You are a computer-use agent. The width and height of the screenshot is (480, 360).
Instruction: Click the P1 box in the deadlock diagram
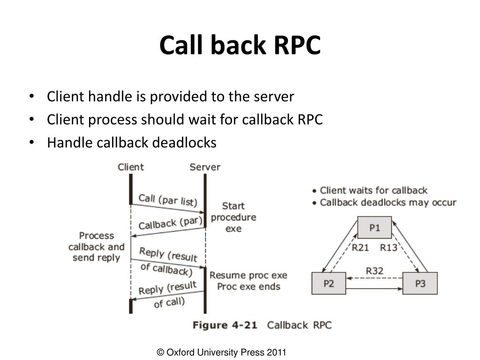point(375,227)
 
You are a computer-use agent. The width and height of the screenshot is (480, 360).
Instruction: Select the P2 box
point(329,283)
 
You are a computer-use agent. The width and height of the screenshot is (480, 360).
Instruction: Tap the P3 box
point(420,283)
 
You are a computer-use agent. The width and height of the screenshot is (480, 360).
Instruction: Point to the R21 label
point(360,247)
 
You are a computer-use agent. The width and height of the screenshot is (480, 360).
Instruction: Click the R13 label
point(389,247)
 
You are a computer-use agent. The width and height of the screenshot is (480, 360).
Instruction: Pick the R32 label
point(375,271)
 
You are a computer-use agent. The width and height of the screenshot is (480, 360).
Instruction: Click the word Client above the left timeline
point(131,167)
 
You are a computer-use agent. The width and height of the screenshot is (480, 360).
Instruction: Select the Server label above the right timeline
point(205,167)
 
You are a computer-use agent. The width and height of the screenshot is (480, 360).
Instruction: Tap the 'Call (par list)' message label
point(168,200)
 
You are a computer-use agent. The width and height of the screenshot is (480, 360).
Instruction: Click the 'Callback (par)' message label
point(171,223)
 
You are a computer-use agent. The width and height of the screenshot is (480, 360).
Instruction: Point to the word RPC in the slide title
point(297,45)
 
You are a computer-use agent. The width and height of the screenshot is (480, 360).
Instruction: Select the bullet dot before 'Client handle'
point(31,96)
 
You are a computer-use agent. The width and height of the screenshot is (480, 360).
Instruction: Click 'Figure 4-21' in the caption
point(225,325)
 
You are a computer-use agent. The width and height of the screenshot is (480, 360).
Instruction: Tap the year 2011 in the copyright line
point(276,352)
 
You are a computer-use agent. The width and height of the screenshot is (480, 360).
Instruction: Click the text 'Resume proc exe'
point(248,275)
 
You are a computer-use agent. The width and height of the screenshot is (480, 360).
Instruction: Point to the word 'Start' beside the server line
point(233,206)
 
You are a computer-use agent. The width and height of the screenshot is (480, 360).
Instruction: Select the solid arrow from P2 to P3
point(374,288)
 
